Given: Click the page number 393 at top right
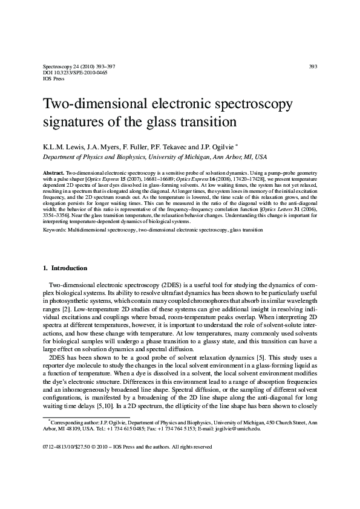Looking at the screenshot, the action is point(313,66).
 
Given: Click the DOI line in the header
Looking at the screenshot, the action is point(67,73).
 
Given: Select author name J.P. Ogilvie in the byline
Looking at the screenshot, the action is point(196,147).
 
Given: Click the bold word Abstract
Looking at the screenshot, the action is point(53,172).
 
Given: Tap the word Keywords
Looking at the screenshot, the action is point(56,230).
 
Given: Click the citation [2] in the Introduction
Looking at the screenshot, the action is point(71,310).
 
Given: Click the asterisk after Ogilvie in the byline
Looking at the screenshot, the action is point(220,146).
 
